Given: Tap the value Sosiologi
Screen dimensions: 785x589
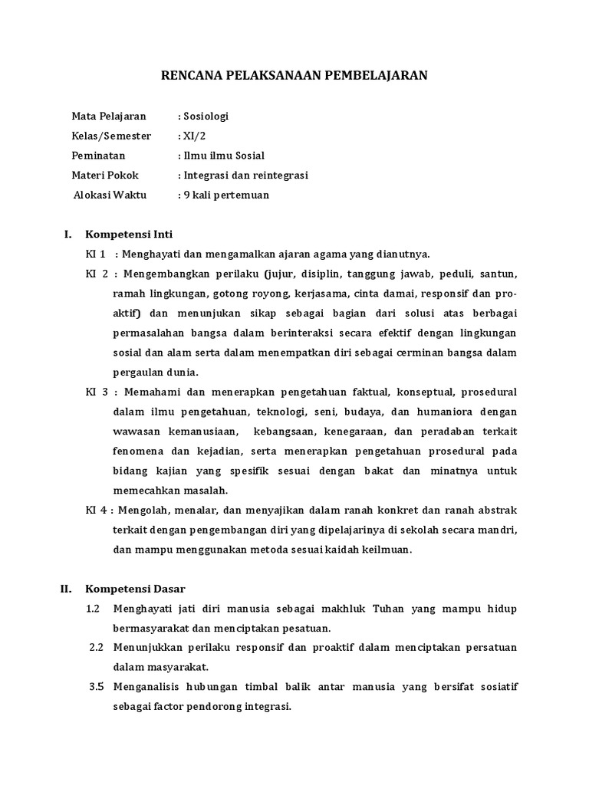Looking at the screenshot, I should (x=205, y=117).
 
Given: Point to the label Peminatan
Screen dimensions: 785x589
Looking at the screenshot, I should (x=98, y=156).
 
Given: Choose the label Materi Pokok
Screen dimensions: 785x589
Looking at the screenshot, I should (x=105, y=176).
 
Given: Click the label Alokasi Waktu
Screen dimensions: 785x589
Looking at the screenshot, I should (x=110, y=195).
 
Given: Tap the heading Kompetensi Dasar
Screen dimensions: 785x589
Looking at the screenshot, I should (x=136, y=589).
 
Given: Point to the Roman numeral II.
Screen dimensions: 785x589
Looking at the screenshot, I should (x=66, y=589).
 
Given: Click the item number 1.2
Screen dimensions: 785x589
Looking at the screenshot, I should (x=94, y=609).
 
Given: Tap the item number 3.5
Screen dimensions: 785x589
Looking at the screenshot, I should (x=96, y=687).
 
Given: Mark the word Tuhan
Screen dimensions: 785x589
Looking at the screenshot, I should (x=388, y=609).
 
